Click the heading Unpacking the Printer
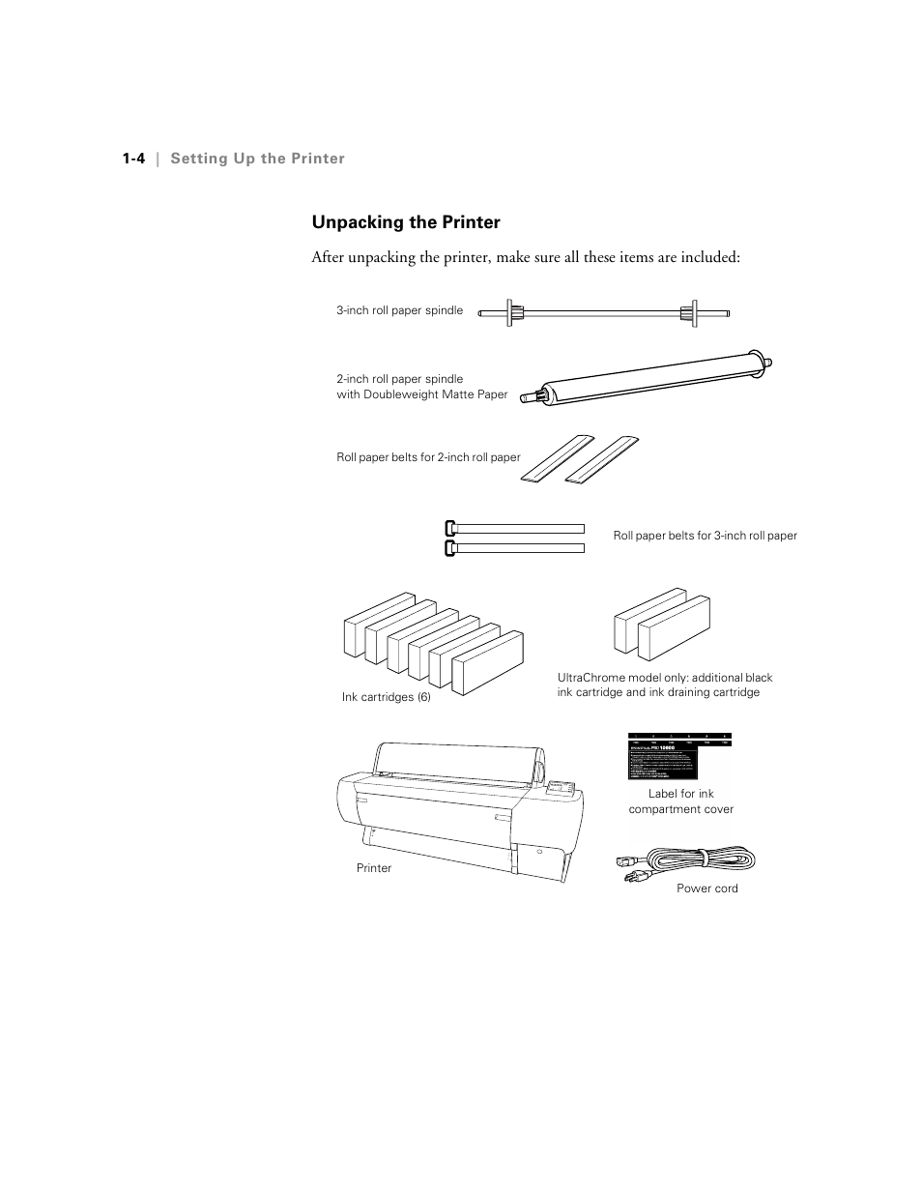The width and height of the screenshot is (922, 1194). click(406, 222)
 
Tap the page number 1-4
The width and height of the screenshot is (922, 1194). click(133, 159)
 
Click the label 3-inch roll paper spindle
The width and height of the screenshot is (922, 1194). click(399, 310)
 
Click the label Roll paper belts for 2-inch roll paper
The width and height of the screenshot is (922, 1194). click(428, 457)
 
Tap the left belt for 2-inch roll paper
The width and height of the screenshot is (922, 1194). click(555, 457)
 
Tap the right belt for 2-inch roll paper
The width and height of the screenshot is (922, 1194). click(601, 457)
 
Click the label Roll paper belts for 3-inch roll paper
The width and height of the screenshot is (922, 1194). click(705, 536)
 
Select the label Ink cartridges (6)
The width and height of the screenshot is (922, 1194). click(386, 697)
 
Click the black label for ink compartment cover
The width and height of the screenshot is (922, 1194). click(680, 756)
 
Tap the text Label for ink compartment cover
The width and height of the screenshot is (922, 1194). click(680, 801)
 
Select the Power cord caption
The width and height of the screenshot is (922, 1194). click(706, 888)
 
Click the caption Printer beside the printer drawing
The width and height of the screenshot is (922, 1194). click(374, 868)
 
